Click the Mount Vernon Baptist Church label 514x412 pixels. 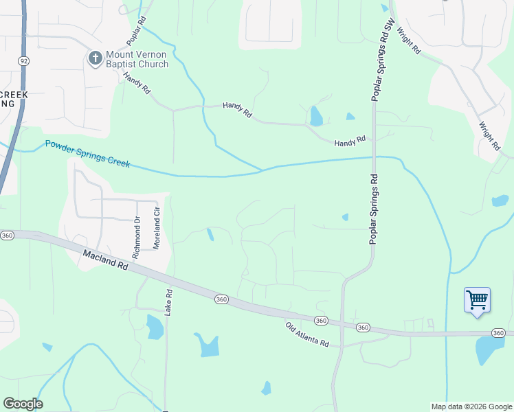pyautogui.click(x=137, y=59)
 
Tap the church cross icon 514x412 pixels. pyautogui.click(x=95, y=59)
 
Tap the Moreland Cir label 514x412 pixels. pyautogui.click(x=157, y=228)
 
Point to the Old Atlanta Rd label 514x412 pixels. pyautogui.click(x=307, y=335)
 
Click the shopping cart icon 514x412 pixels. pyautogui.click(x=477, y=300)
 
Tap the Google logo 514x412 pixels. pyautogui.click(x=23, y=404)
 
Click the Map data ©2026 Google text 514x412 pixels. pyautogui.click(x=471, y=407)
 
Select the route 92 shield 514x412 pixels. pyautogui.click(x=23, y=61)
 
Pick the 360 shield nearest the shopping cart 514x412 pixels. pyautogui.click(x=499, y=332)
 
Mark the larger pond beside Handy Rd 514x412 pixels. pyautogui.click(x=316, y=116)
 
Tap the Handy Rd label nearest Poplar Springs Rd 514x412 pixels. pyautogui.click(x=348, y=143)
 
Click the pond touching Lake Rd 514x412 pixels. pyautogui.click(x=155, y=326)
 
